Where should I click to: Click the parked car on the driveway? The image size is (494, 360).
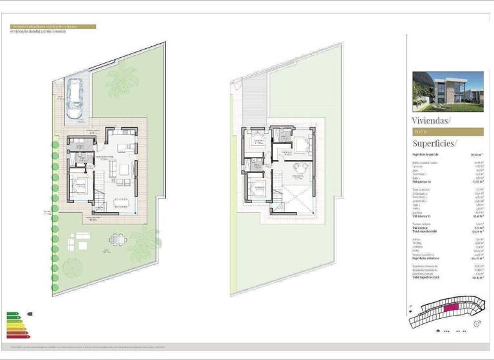[75, 98]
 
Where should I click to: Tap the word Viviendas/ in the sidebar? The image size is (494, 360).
[431, 120]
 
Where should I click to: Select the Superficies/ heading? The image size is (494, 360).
[435, 143]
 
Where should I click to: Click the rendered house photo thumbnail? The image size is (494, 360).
[447, 91]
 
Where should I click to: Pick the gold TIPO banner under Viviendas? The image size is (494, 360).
[447, 131]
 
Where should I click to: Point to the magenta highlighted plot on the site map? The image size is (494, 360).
[450, 309]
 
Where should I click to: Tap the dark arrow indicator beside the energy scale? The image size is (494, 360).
[30, 314]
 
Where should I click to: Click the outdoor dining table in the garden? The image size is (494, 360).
[118, 239]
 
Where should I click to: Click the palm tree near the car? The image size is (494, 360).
[120, 82]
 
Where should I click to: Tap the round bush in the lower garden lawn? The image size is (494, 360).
[73, 265]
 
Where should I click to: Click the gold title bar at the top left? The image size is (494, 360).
[53, 27]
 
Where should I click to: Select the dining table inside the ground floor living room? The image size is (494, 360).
[121, 202]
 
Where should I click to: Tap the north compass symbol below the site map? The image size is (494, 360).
[477, 324]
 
